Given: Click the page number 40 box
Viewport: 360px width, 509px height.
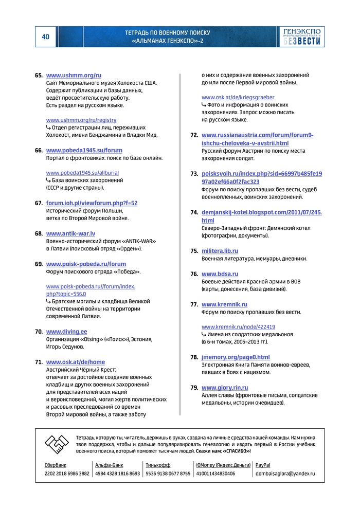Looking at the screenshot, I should click(x=46, y=37).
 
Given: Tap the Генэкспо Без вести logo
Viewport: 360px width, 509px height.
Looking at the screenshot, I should click(x=302, y=37).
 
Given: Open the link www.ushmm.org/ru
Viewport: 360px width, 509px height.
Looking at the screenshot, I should click(x=74, y=76).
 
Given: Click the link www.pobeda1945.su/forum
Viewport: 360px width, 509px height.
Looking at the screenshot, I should click(x=84, y=151).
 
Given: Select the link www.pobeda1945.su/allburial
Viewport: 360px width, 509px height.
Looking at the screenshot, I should click(x=82, y=173).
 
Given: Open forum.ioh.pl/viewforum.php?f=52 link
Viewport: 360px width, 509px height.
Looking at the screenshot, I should click(x=92, y=204).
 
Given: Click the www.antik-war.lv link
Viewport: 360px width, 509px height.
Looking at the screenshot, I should click(x=70, y=233).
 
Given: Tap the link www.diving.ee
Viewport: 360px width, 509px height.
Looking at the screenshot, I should click(x=66, y=332).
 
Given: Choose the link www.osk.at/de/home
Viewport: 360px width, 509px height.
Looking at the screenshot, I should click(x=75, y=362).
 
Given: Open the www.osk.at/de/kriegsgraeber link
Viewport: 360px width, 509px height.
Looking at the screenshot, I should click(x=238, y=97).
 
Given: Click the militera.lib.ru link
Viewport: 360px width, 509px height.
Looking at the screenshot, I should click(x=220, y=251).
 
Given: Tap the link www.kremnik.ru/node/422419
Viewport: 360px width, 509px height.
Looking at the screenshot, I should click(x=238, y=327).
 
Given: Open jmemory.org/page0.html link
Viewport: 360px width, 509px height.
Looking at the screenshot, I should click(x=236, y=357).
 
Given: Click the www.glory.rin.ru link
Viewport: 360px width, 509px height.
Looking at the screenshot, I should click(x=225, y=388).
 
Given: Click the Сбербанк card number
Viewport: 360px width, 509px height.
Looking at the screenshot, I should click(x=67, y=474).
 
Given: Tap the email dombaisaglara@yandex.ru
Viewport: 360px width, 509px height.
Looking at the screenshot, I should click(x=285, y=474).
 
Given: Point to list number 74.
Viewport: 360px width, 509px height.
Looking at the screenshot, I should click(x=194, y=212).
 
